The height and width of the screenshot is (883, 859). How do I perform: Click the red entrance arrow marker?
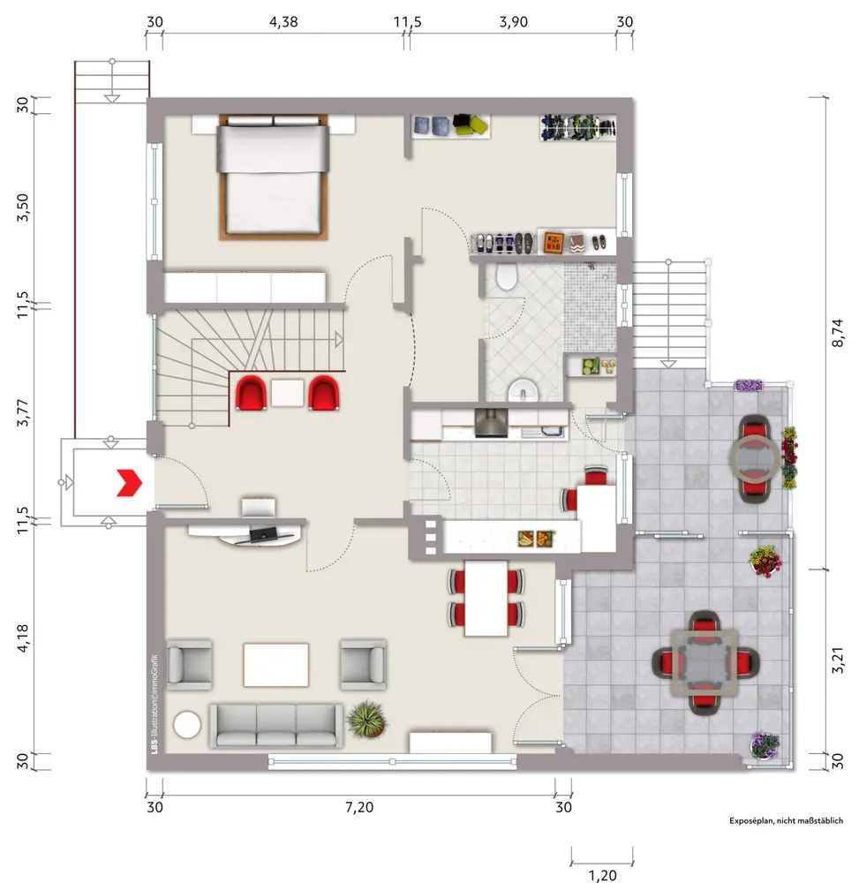(129, 483)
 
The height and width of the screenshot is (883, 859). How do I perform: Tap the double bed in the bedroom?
(273, 177)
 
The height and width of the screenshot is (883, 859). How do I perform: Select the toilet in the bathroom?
(507, 276)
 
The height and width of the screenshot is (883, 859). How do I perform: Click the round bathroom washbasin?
(524, 389)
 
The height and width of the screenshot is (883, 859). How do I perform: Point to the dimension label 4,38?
(283, 22)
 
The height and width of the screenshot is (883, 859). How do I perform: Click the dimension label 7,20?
(359, 807)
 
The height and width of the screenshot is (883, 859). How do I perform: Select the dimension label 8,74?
(838, 333)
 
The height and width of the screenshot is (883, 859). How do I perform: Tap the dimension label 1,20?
(602, 875)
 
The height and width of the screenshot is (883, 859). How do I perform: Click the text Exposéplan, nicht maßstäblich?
(787, 820)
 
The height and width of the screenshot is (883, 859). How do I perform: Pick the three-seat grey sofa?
(275, 725)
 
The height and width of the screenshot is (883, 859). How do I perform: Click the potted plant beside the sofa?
(366, 719)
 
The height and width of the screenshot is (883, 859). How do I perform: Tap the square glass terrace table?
(705, 662)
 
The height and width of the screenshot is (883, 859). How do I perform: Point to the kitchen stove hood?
(492, 422)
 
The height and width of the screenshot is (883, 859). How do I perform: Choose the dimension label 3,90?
(514, 22)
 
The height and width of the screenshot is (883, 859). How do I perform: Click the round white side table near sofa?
(187, 724)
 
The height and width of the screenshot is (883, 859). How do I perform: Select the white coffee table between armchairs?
(275, 665)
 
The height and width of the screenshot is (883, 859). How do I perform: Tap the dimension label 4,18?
(23, 638)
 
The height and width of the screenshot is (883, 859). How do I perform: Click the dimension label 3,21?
(838, 660)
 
